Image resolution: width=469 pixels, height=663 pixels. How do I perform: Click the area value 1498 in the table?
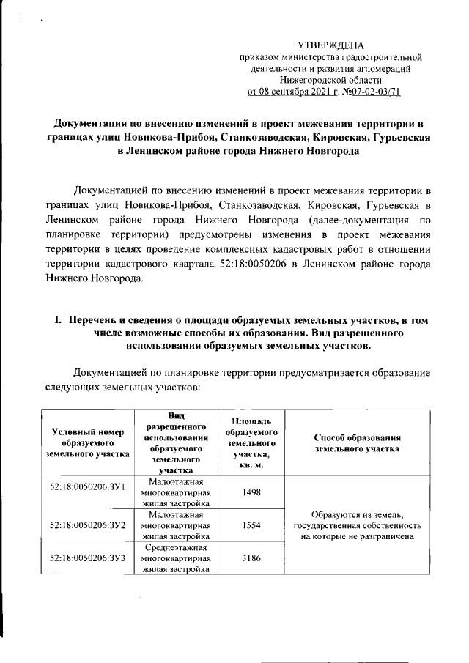251,492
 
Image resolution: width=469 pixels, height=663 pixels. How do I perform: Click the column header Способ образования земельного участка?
356,443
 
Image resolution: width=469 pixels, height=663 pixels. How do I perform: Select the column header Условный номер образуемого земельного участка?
87,443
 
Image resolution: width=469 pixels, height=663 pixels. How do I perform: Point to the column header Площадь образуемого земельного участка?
251,443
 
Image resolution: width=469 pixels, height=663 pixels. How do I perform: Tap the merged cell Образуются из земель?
356,525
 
